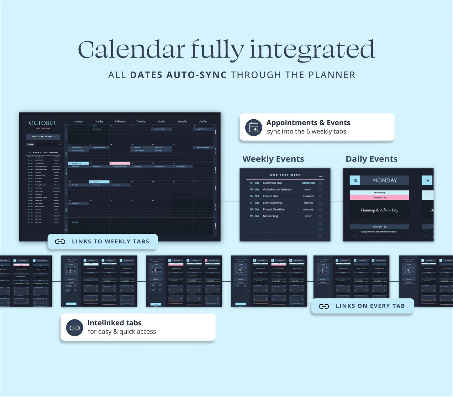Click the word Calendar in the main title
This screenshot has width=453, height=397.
[131, 50]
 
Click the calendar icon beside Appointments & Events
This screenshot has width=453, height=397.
[253, 127]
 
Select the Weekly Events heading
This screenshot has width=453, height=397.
[273, 159]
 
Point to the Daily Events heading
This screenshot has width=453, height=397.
[371, 159]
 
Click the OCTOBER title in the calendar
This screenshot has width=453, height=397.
[42, 123]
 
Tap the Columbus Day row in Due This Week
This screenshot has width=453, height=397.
[272, 183]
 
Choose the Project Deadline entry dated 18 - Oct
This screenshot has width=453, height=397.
[273, 209]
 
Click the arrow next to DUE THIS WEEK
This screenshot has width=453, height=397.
[320, 177]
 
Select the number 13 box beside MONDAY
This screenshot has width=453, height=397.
[355, 181]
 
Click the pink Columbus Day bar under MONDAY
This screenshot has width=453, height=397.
[379, 198]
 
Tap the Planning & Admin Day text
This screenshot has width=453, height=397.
[379, 210]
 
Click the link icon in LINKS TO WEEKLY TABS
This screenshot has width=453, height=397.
[60, 242]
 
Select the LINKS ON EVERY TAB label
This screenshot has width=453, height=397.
[370, 306]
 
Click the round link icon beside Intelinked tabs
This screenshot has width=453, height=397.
[75, 328]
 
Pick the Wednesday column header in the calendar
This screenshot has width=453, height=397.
[120, 122]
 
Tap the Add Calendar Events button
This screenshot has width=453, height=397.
[43, 137]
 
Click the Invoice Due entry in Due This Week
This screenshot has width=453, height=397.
[270, 196]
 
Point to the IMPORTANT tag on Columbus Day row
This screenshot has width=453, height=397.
[308, 183]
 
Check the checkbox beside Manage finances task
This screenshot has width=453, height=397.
[355, 232]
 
